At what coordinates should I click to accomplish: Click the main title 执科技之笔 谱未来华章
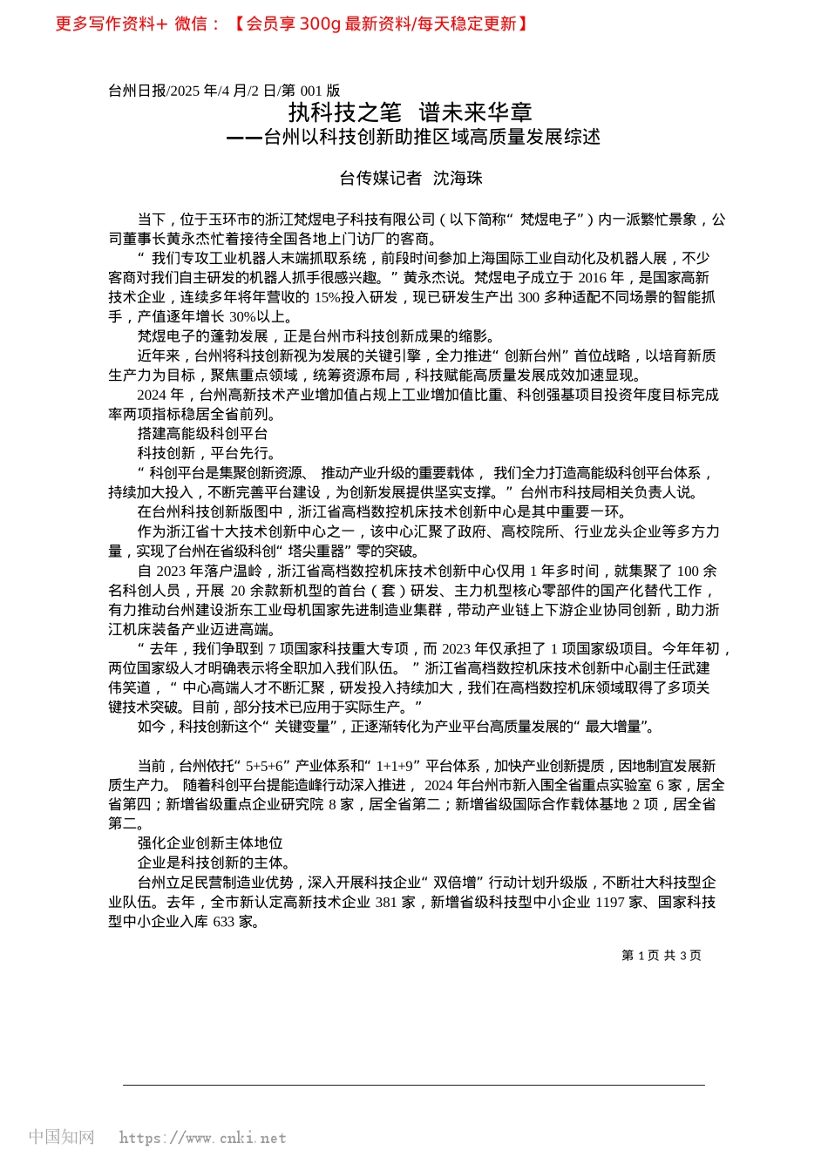(x=410, y=112)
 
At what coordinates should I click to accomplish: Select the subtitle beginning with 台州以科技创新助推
(x=431, y=137)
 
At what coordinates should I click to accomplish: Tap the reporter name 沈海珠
(x=458, y=179)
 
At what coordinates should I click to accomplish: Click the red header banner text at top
(x=292, y=24)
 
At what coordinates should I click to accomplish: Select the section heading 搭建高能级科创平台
(x=202, y=434)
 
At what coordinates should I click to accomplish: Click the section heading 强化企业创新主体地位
(x=210, y=843)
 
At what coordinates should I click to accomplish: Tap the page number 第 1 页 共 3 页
(x=661, y=956)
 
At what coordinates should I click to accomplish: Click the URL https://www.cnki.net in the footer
(x=202, y=1138)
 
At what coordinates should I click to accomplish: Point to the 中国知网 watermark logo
(x=61, y=1137)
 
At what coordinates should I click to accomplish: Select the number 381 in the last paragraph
(x=386, y=903)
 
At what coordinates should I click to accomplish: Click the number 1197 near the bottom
(x=610, y=903)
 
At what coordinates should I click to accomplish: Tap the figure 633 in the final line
(x=224, y=922)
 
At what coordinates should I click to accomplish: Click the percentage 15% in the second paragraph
(x=327, y=297)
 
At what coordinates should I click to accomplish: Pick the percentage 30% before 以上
(x=242, y=317)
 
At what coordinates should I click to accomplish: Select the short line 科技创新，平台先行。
(x=207, y=453)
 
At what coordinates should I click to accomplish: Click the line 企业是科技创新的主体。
(x=214, y=863)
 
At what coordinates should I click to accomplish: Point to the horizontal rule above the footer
(x=414, y=1085)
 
